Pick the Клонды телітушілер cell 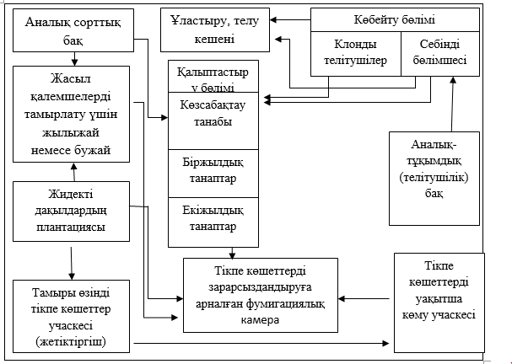pos(353,52)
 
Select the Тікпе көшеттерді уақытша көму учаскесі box pos(439,298)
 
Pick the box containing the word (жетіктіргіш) pos(71,315)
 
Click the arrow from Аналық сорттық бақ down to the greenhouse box pos(75,57)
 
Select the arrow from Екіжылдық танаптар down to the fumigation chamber pos(231,252)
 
